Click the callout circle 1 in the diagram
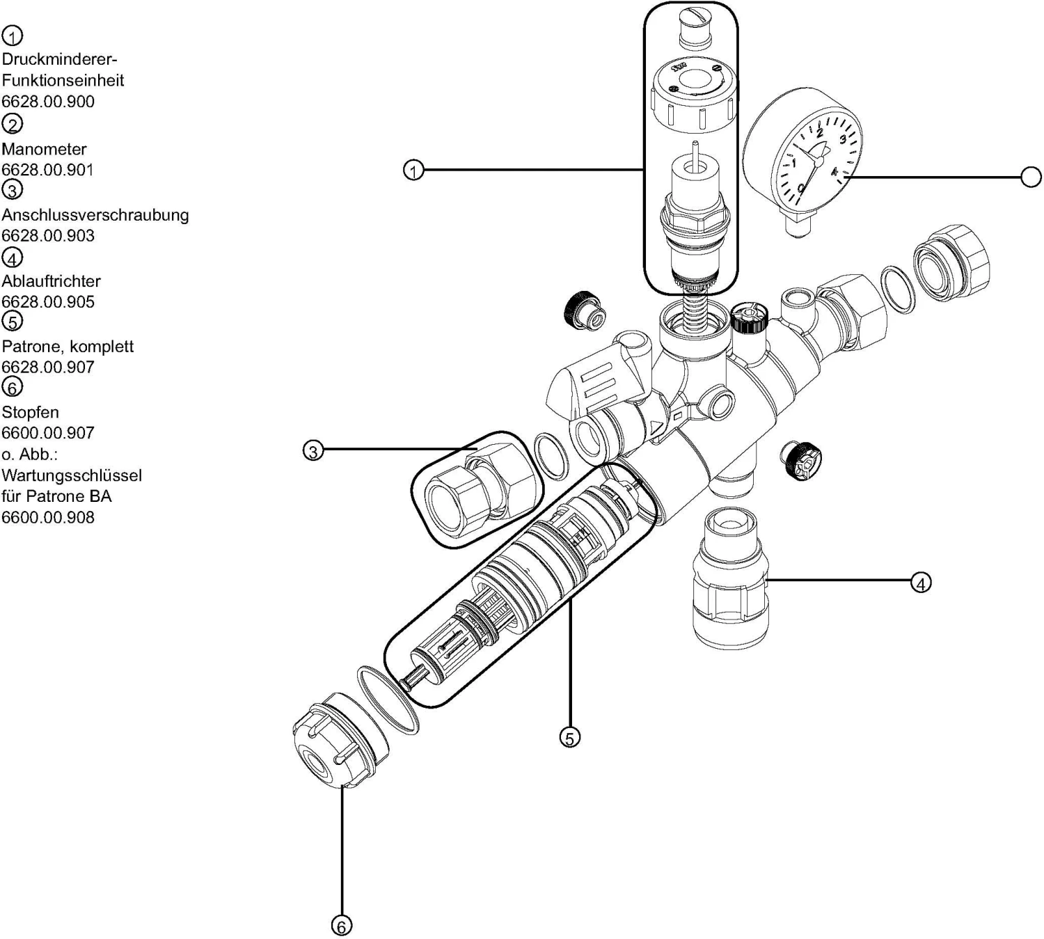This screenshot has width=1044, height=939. pos(413,171)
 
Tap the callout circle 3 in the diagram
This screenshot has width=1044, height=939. pos(313,451)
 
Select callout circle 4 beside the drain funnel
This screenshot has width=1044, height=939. pos(921,583)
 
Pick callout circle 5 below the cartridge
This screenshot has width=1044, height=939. pos(570,738)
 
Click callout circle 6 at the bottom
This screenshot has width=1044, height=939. pos(342,926)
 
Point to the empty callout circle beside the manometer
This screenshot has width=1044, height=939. pos(1031,177)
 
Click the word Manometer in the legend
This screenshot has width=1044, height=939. pos(45,149)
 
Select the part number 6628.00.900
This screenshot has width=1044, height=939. pos(48,101)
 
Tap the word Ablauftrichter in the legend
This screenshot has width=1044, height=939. pos(51,281)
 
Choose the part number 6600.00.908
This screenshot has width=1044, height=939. pos(48,517)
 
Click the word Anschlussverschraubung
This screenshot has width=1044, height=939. pos(95,214)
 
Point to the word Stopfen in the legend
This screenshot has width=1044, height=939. pos(30,411)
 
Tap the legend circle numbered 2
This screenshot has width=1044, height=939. pos(13,124)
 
